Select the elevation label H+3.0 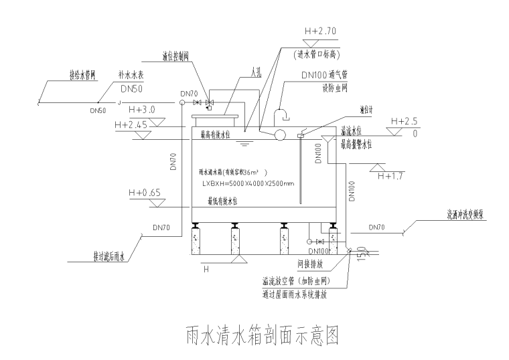tap(141, 110)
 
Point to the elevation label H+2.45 tap(131, 124)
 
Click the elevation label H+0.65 tap(144, 193)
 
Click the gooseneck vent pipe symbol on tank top tap(281, 111)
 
